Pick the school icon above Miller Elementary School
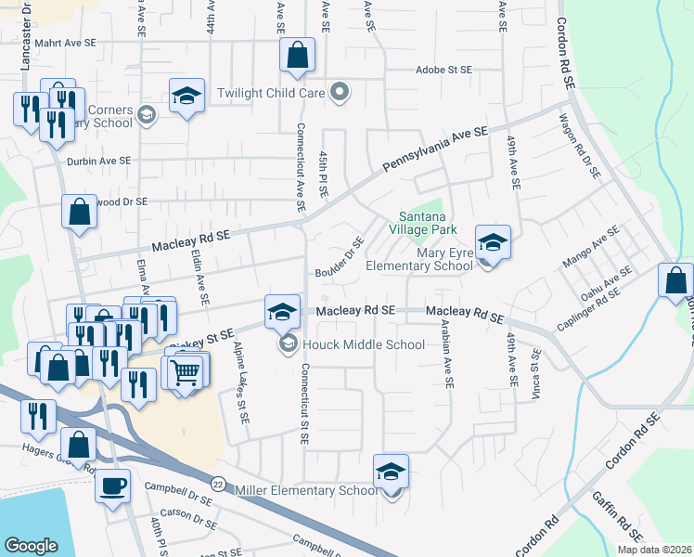click(392, 473)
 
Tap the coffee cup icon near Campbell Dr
click(113, 486)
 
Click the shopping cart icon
click(186, 372)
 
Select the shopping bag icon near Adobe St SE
click(298, 57)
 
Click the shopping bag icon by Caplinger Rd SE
click(675, 281)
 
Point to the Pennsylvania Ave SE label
click(434, 151)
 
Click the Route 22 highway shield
click(218, 484)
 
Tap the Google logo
click(31, 546)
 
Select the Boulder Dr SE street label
click(340, 262)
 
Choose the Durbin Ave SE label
click(99, 161)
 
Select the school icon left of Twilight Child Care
click(186, 97)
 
